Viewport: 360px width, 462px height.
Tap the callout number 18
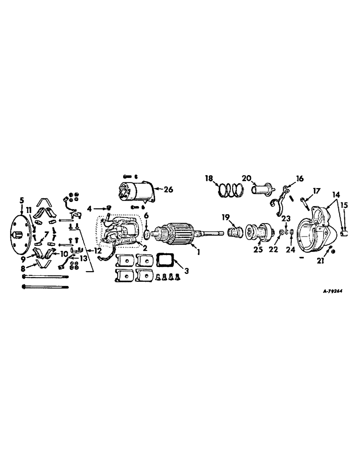click(x=210, y=178)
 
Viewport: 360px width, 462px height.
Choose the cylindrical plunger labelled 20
click(x=261, y=189)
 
